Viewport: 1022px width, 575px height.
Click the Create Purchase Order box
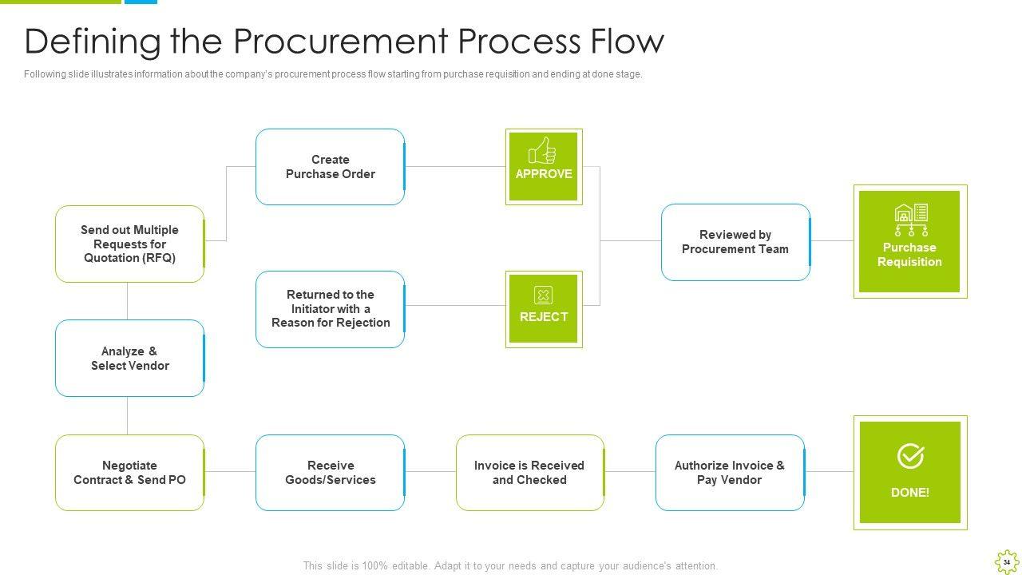330,167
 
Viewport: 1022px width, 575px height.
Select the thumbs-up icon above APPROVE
543,150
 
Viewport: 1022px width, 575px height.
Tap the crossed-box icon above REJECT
543,295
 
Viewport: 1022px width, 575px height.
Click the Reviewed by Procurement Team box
735,242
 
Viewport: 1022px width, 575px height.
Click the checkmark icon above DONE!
910,456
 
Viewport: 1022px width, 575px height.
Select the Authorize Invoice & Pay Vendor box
729,473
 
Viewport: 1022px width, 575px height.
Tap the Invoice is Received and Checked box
529,473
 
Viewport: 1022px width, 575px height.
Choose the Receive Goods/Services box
330,473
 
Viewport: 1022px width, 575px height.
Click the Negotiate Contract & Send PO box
129,473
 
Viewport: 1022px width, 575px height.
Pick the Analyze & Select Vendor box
129,359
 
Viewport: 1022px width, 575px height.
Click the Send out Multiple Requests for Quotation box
129,244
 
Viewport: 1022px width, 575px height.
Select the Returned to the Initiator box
330,309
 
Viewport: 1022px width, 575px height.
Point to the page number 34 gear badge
1006,562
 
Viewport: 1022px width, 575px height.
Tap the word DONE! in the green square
910,493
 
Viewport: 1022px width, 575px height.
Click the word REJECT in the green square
543,317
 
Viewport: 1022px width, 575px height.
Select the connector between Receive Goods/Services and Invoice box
430,472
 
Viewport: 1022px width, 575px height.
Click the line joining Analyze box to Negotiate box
128,415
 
